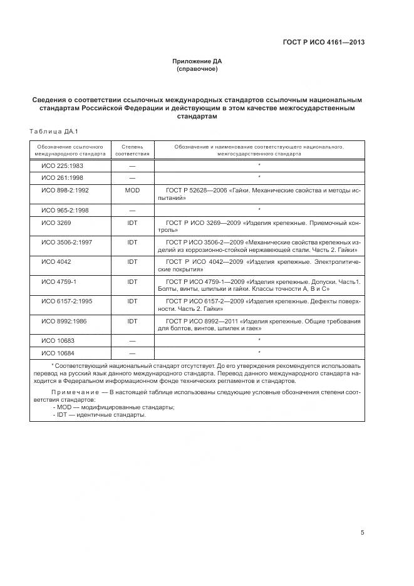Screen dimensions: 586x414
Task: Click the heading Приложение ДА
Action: point(197,61)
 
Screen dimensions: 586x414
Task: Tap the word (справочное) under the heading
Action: point(197,69)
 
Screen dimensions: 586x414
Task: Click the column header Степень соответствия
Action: point(132,149)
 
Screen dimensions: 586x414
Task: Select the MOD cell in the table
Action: point(132,189)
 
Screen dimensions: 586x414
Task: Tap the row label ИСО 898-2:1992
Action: point(65,189)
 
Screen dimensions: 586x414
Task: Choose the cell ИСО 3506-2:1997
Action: point(66,241)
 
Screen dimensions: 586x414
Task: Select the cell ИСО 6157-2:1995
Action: point(66,301)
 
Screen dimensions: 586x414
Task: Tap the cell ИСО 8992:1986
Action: point(64,321)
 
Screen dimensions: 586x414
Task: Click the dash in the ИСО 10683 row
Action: point(132,340)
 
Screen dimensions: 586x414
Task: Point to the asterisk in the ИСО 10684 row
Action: point(259,352)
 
